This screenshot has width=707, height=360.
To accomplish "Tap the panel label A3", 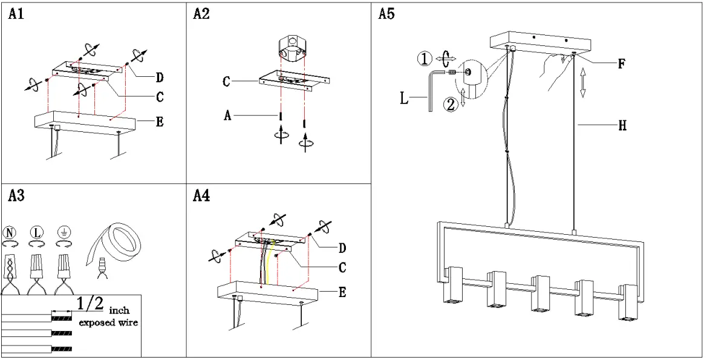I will (x=16, y=196).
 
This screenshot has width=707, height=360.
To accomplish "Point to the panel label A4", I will (x=201, y=196).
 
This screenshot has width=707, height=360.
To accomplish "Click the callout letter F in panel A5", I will (x=621, y=64).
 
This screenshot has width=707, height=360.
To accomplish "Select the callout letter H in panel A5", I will (x=622, y=126).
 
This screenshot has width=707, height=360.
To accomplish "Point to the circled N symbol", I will (x=10, y=232).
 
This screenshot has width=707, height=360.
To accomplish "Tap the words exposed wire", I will (x=109, y=322).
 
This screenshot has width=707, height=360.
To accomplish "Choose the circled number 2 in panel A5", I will (x=451, y=105).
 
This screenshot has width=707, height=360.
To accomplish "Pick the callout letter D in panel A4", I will (x=343, y=247).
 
